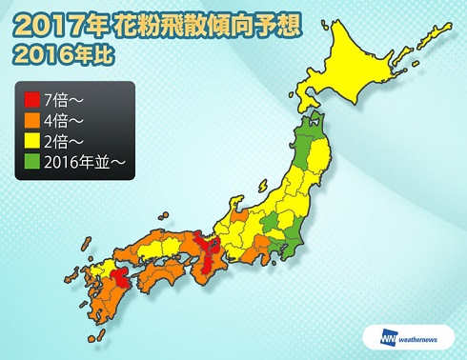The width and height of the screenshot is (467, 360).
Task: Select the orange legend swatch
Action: tap(29, 120)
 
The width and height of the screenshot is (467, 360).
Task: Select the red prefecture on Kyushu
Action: tap(122, 277)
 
